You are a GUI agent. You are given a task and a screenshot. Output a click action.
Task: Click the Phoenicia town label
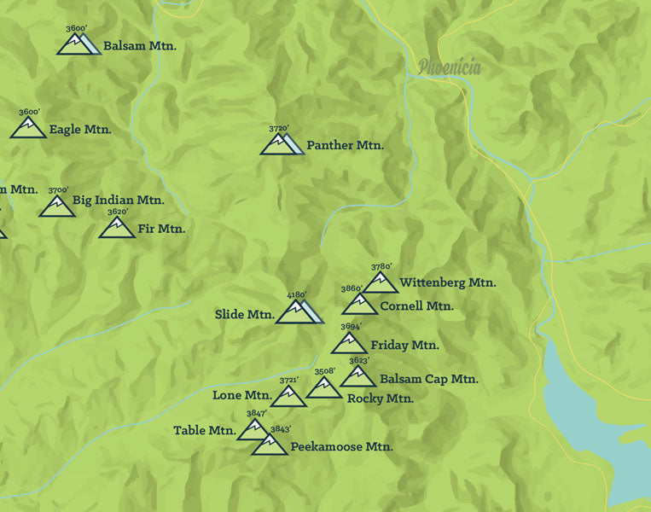[450, 67]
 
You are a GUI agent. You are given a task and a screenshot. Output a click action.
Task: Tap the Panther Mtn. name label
[345, 145]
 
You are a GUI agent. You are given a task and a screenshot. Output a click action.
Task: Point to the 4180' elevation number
[296, 295]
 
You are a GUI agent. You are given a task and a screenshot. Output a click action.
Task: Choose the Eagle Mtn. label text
[80, 130]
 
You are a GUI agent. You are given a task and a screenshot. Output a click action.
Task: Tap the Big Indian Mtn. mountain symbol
[56, 207]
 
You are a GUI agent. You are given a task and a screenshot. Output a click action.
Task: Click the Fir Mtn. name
[161, 229]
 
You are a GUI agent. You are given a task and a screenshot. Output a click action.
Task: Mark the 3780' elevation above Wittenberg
[381, 266]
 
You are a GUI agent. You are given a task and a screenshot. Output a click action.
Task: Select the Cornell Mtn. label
[416, 305]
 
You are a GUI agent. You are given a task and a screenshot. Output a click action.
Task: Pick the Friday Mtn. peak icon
[348, 344]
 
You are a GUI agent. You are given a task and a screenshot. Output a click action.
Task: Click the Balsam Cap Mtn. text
[428, 379]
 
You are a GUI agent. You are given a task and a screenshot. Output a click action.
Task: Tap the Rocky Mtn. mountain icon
[323, 388]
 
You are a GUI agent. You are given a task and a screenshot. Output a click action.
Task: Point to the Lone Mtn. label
[241, 395]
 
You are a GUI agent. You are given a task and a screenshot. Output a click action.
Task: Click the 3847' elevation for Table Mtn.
[256, 414]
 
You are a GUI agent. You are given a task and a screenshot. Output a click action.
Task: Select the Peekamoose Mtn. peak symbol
[270, 445]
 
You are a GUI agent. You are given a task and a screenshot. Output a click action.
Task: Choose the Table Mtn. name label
[204, 431]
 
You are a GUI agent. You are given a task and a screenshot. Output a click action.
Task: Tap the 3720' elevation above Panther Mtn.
[278, 129]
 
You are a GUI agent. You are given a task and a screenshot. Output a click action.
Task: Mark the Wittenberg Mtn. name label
[447, 282]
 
